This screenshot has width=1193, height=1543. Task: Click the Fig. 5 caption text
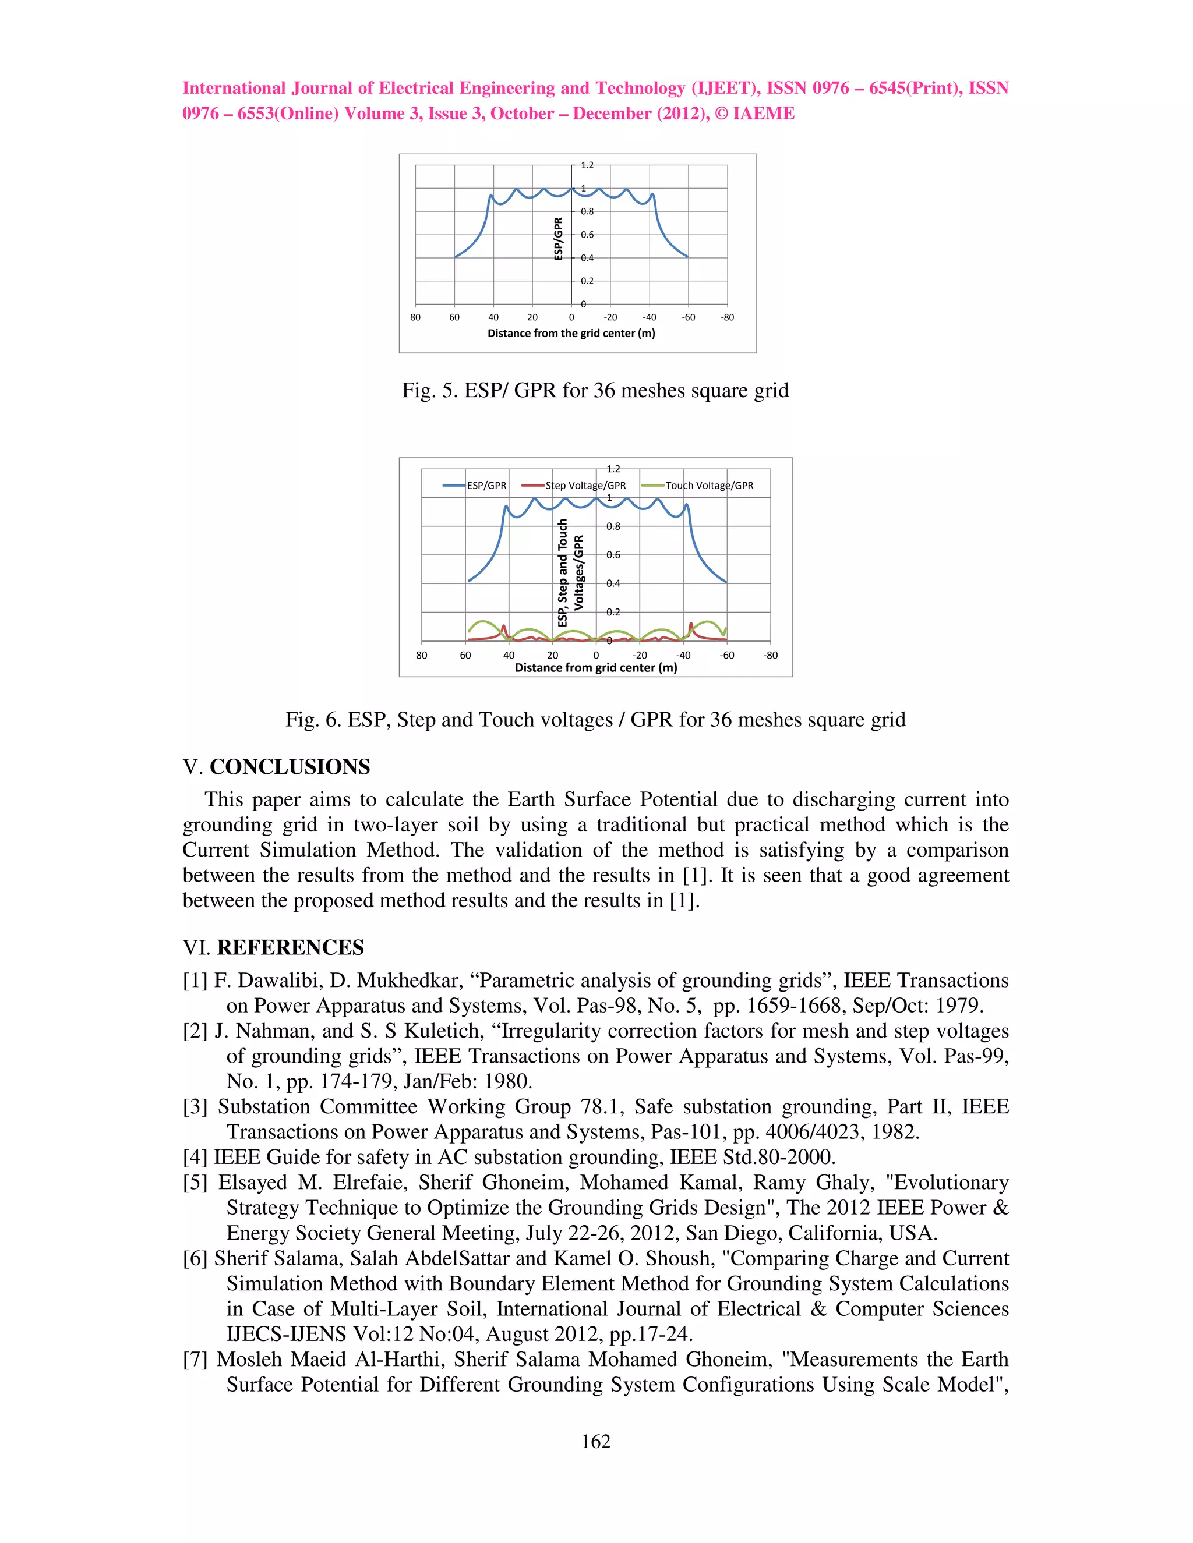click(x=595, y=391)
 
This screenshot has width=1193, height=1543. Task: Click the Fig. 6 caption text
click(x=595, y=720)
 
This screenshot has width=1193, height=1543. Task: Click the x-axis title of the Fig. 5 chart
click(x=571, y=334)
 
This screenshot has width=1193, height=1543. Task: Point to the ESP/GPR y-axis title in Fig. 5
click(x=558, y=239)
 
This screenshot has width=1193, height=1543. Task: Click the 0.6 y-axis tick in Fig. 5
click(x=587, y=235)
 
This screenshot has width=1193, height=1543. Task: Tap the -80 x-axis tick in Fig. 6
click(x=770, y=656)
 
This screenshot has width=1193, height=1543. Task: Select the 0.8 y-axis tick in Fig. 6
click(x=613, y=526)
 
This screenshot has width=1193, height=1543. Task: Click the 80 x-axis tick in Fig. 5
click(x=415, y=317)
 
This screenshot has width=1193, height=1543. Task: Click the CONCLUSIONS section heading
click(x=290, y=767)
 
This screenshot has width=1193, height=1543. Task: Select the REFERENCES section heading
click(x=290, y=948)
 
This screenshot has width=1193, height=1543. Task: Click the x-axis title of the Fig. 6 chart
click(x=596, y=668)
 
